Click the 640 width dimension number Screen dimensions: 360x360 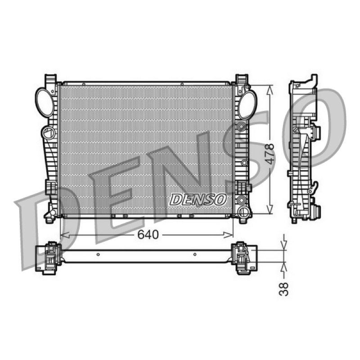tap(148, 234)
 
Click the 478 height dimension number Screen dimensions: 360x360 tap(271, 154)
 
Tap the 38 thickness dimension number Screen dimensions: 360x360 tap(284, 289)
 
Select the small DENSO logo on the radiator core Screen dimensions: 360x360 tap(198, 199)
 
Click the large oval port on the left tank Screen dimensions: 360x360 tap(45, 103)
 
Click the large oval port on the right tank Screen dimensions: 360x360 tap(247, 105)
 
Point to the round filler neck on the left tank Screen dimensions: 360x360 tap(49, 133)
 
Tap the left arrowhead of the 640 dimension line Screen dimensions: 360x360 tap(65, 235)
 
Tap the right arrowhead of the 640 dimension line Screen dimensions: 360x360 tap(228, 235)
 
